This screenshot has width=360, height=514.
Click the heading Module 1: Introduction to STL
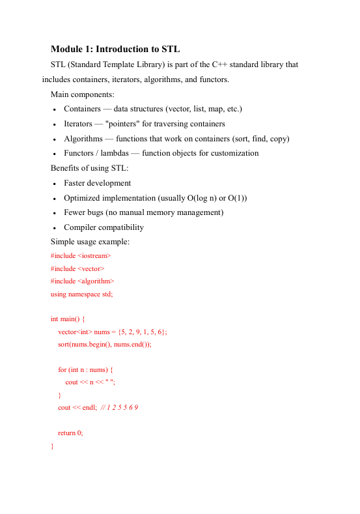click(x=115, y=50)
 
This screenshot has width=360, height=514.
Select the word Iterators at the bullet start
click(x=79, y=124)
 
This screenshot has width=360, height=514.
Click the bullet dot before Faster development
click(x=56, y=184)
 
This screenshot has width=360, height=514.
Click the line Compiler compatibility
click(x=104, y=228)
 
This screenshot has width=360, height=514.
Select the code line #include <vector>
click(x=77, y=268)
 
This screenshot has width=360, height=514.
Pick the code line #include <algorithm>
click(x=82, y=281)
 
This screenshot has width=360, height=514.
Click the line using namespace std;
click(x=81, y=294)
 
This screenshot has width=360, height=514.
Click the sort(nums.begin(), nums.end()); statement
click(x=104, y=344)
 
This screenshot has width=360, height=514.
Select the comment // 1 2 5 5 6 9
click(x=119, y=408)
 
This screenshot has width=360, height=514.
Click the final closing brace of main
click(x=52, y=446)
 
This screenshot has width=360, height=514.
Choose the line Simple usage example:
click(x=90, y=242)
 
